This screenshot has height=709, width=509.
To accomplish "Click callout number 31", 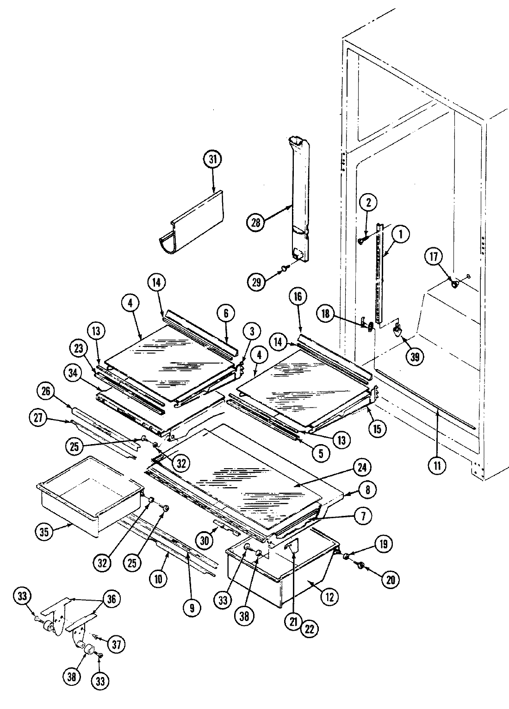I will click(212, 160).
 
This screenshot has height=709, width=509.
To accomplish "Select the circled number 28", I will click(256, 222).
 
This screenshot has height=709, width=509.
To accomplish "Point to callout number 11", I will click(437, 465).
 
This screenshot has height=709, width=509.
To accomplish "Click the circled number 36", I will click(112, 599).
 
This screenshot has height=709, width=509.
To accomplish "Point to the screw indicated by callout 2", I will click(361, 240).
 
